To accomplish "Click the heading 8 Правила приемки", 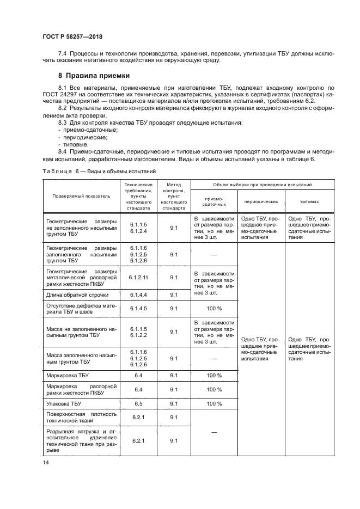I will [94, 76].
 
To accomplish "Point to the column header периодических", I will [261, 201].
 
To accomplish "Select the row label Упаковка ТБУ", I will [64, 403].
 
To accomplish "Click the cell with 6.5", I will [139, 403].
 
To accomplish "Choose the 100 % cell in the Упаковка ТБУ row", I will [214, 403].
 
